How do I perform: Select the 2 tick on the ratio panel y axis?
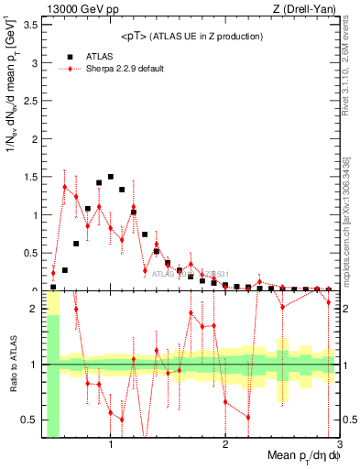pos(35,309)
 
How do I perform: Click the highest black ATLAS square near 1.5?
pos(111,177)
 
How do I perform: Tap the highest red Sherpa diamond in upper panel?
pos(64,187)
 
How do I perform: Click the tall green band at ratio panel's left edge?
pos(53,385)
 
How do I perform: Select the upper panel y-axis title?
pos(13,151)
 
